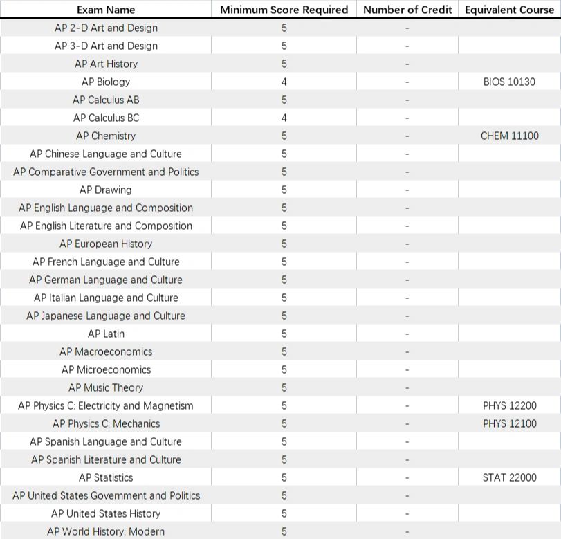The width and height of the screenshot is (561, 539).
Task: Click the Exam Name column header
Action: coord(106,10)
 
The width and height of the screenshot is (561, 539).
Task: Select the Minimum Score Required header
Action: coord(284,10)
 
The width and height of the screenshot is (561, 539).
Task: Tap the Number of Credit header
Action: coord(407,10)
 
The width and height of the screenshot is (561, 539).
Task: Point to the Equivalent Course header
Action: coord(509,10)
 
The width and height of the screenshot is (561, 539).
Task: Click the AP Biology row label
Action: coord(106,82)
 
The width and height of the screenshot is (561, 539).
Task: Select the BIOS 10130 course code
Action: coord(509,82)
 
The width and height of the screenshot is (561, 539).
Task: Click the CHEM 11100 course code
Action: coord(509,136)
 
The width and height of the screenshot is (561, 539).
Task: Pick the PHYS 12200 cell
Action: coord(509,405)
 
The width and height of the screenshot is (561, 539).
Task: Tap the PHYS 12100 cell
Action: coord(509,423)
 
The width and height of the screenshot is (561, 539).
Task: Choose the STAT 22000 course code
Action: coord(509,477)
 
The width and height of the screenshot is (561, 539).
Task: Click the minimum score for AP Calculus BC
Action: coord(284,118)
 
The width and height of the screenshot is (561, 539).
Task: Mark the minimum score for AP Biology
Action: coord(284,82)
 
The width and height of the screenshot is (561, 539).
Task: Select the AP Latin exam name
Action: coord(106,334)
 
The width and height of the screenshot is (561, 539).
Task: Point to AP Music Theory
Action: coord(106,387)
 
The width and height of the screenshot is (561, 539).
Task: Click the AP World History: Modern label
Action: coord(106,531)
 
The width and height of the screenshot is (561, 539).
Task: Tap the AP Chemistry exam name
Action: coord(106,136)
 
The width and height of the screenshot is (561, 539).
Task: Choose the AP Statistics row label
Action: coord(106,477)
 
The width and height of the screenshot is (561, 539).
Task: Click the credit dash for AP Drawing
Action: coord(407,190)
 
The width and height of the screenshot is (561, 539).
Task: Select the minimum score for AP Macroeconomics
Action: coord(284,351)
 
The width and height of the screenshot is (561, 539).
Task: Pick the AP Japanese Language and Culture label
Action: coord(106,316)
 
